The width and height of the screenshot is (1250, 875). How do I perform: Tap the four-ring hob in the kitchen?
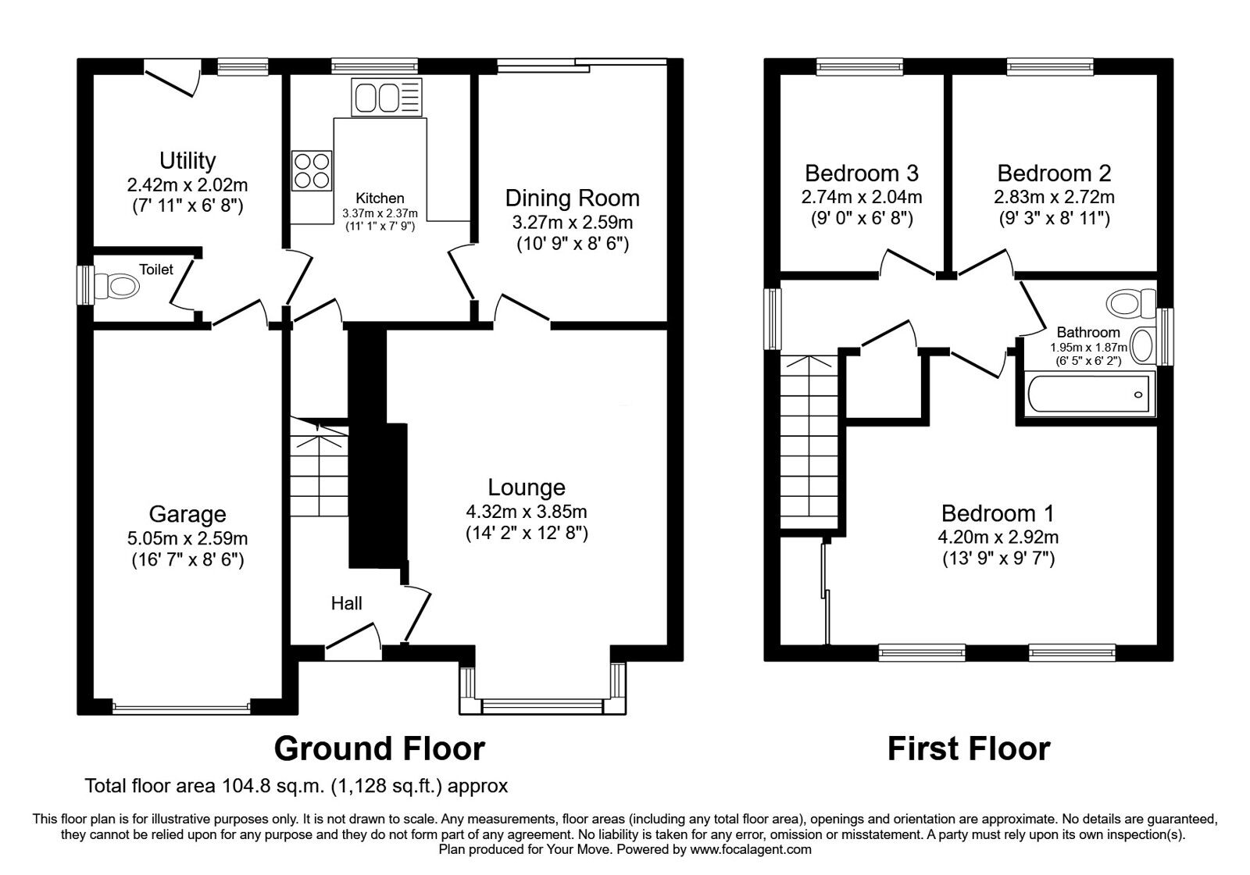pos(311,170)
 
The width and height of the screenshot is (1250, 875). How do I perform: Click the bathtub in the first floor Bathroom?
pos(1088,394)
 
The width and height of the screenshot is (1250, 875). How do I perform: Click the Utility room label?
pos(187,160)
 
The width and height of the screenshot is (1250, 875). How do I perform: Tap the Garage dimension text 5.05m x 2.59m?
pos(187,538)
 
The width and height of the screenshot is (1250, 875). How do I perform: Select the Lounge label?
pos(526,487)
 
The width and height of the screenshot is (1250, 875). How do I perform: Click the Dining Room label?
pos(572,198)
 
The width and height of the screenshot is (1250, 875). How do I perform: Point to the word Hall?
pos(346,603)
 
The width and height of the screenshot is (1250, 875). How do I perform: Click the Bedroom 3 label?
pos(861,173)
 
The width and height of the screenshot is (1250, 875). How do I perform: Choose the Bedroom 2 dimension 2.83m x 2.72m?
pos(1054,197)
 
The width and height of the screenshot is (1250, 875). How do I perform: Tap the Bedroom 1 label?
pos(997,513)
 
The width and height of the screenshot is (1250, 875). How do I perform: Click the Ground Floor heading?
pos(380,748)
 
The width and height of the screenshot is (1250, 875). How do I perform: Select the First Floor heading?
pos(968,748)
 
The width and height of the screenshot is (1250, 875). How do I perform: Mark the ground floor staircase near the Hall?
pos(319,469)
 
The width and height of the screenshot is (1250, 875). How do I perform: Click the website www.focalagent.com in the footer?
pos(751,849)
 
